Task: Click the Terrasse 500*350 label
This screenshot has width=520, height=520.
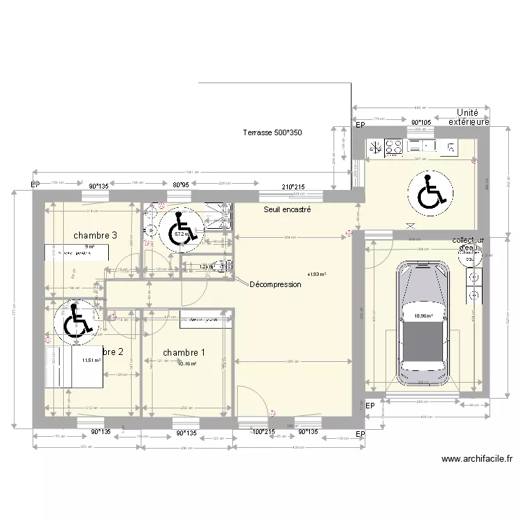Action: tap(272, 132)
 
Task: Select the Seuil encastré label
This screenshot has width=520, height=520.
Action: tap(287, 209)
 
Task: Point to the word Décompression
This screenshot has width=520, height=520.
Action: tap(275, 284)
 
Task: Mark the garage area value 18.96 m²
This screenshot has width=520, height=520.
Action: tap(423, 316)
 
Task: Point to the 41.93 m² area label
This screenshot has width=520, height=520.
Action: tap(317, 274)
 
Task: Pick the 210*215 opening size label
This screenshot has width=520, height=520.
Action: tap(293, 187)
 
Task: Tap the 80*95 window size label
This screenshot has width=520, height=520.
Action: tap(181, 185)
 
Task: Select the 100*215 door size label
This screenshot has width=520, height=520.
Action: tap(263, 432)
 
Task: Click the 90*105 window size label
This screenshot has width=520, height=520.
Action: tap(420, 122)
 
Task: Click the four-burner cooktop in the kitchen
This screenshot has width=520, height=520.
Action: tap(394, 146)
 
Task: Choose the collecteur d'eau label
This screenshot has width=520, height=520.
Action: tap(471, 244)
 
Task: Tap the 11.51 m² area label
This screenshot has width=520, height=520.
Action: tap(91, 361)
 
